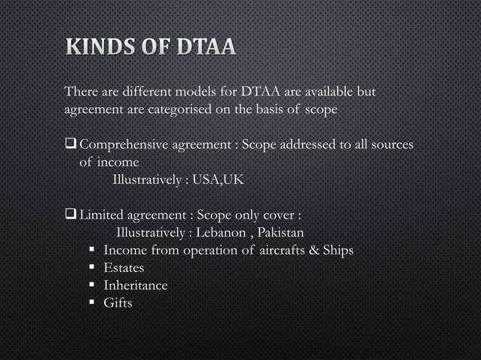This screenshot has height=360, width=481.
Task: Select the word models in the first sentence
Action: (x=196, y=93)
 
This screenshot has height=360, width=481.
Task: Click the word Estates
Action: (x=124, y=267)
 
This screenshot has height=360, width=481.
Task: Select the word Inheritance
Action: (x=136, y=285)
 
